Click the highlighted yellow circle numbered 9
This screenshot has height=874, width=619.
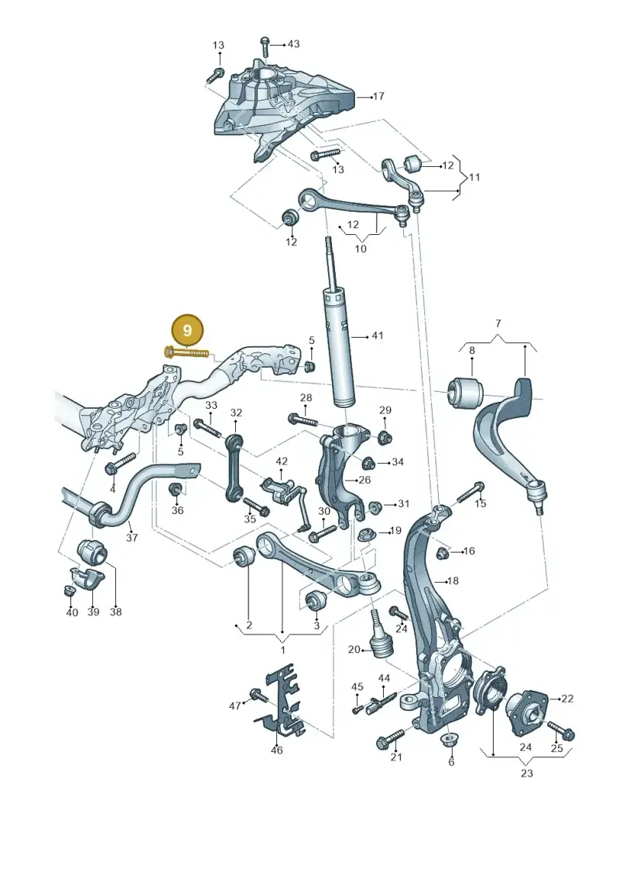click(x=187, y=330)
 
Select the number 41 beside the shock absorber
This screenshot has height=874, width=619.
click(x=378, y=335)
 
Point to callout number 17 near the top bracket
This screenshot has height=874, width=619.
click(x=378, y=96)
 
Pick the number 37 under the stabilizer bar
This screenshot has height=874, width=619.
click(x=132, y=537)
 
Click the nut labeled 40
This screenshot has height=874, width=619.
click(x=70, y=590)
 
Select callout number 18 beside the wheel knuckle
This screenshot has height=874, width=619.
click(x=453, y=581)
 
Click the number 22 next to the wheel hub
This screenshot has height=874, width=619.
click(x=567, y=699)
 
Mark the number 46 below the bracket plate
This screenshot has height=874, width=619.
click(x=277, y=750)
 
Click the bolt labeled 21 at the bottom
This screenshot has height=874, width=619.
click(x=391, y=739)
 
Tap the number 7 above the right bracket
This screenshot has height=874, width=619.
click(x=498, y=323)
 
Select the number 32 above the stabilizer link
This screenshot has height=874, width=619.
click(x=236, y=413)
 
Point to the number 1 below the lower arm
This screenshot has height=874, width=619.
click(x=282, y=650)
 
